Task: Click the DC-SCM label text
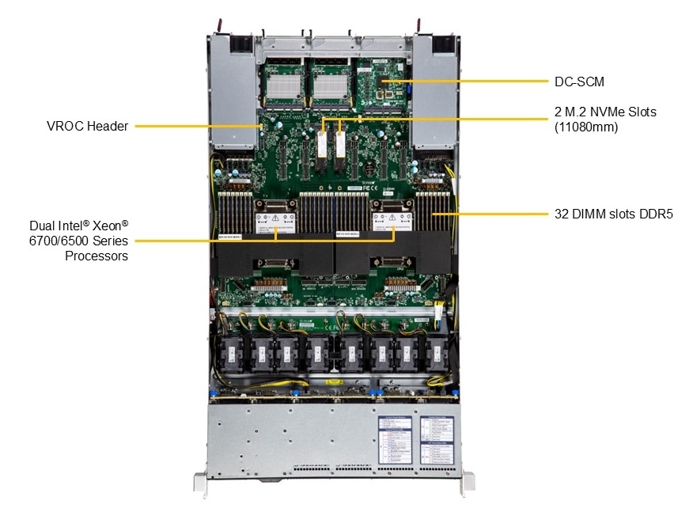point(572,81)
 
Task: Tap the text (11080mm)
point(585,126)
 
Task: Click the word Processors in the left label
point(97,256)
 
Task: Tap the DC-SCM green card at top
point(383,87)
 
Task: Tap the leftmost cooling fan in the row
point(238,353)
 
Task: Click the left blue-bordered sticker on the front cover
point(394,438)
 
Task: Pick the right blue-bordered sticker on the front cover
point(435,438)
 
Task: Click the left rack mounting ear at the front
point(199,483)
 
